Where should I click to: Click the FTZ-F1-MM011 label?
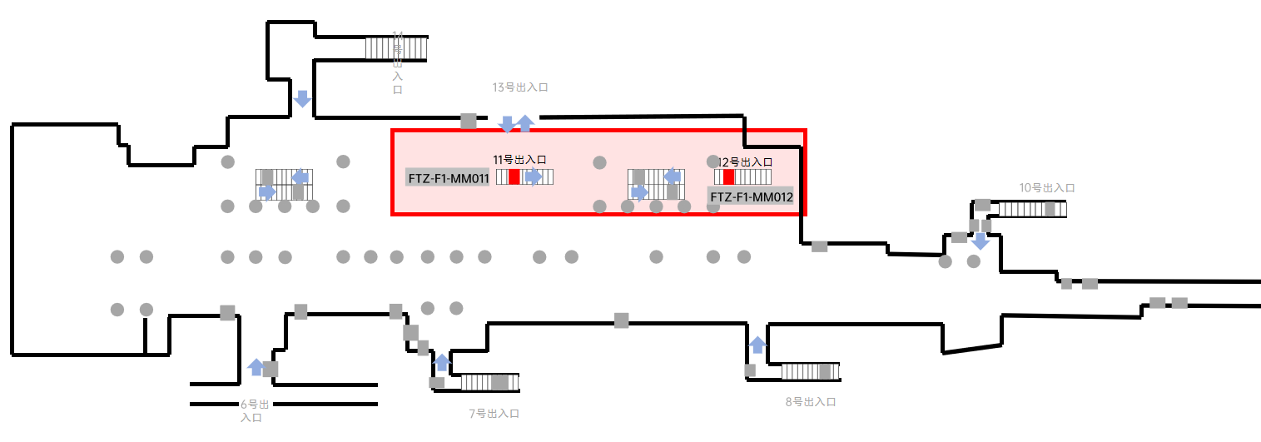click(448, 177)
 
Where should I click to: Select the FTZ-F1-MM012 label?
click(751, 197)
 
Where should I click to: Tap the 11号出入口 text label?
click(519, 159)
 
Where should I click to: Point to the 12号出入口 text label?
click(746, 161)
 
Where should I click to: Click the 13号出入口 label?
click(520, 87)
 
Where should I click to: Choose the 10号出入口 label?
click(1047, 188)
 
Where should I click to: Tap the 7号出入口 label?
click(494, 413)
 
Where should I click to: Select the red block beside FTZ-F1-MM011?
click(514, 176)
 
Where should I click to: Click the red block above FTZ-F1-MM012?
click(729, 176)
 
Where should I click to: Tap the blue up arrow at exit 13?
click(524, 123)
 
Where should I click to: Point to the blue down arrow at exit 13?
click(506, 125)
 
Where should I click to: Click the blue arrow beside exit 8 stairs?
click(757, 345)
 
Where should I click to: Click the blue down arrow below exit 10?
click(981, 241)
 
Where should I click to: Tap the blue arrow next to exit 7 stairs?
click(442, 362)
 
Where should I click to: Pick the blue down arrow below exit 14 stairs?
click(303, 98)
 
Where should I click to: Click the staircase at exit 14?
click(396, 48)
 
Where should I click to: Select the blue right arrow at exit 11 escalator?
click(534, 176)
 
